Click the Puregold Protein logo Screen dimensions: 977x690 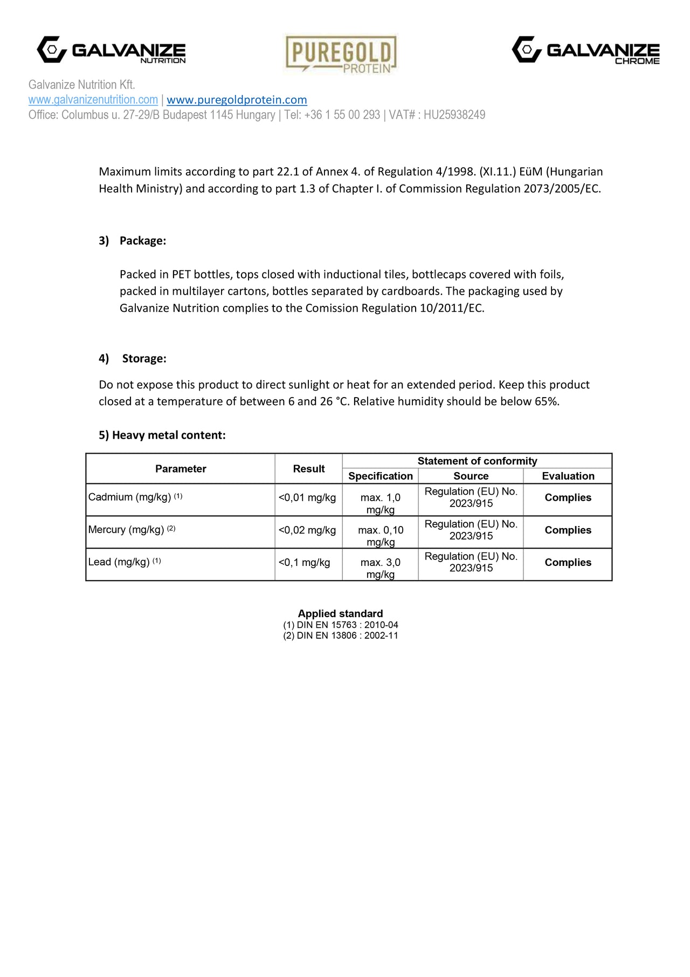[x=341, y=54]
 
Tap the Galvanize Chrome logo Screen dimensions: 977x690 [x=585, y=50]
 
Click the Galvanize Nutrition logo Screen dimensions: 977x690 [x=112, y=50]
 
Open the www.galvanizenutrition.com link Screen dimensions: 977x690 [x=93, y=100]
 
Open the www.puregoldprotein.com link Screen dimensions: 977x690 [x=237, y=100]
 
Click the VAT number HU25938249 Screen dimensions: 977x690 [x=454, y=115]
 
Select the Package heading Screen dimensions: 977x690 [x=143, y=241]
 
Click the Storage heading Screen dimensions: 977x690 [x=144, y=358]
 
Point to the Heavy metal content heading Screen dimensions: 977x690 [x=162, y=435]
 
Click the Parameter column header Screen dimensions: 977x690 [x=181, y=469]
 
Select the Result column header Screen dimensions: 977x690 [x=308, y=469]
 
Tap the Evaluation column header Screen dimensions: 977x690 [x=568, y=476]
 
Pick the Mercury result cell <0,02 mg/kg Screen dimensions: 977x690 [x=307, y=530]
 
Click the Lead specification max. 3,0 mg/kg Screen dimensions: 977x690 [x=380, y=568]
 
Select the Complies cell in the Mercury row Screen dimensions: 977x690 [x=568, y=530]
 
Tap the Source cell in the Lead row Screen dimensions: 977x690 [x=471, y=562]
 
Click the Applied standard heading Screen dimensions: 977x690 [x=340, y=613]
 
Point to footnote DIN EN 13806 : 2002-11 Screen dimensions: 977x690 [x=341, y=636]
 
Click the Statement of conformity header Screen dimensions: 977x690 [x=477, y=461]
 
